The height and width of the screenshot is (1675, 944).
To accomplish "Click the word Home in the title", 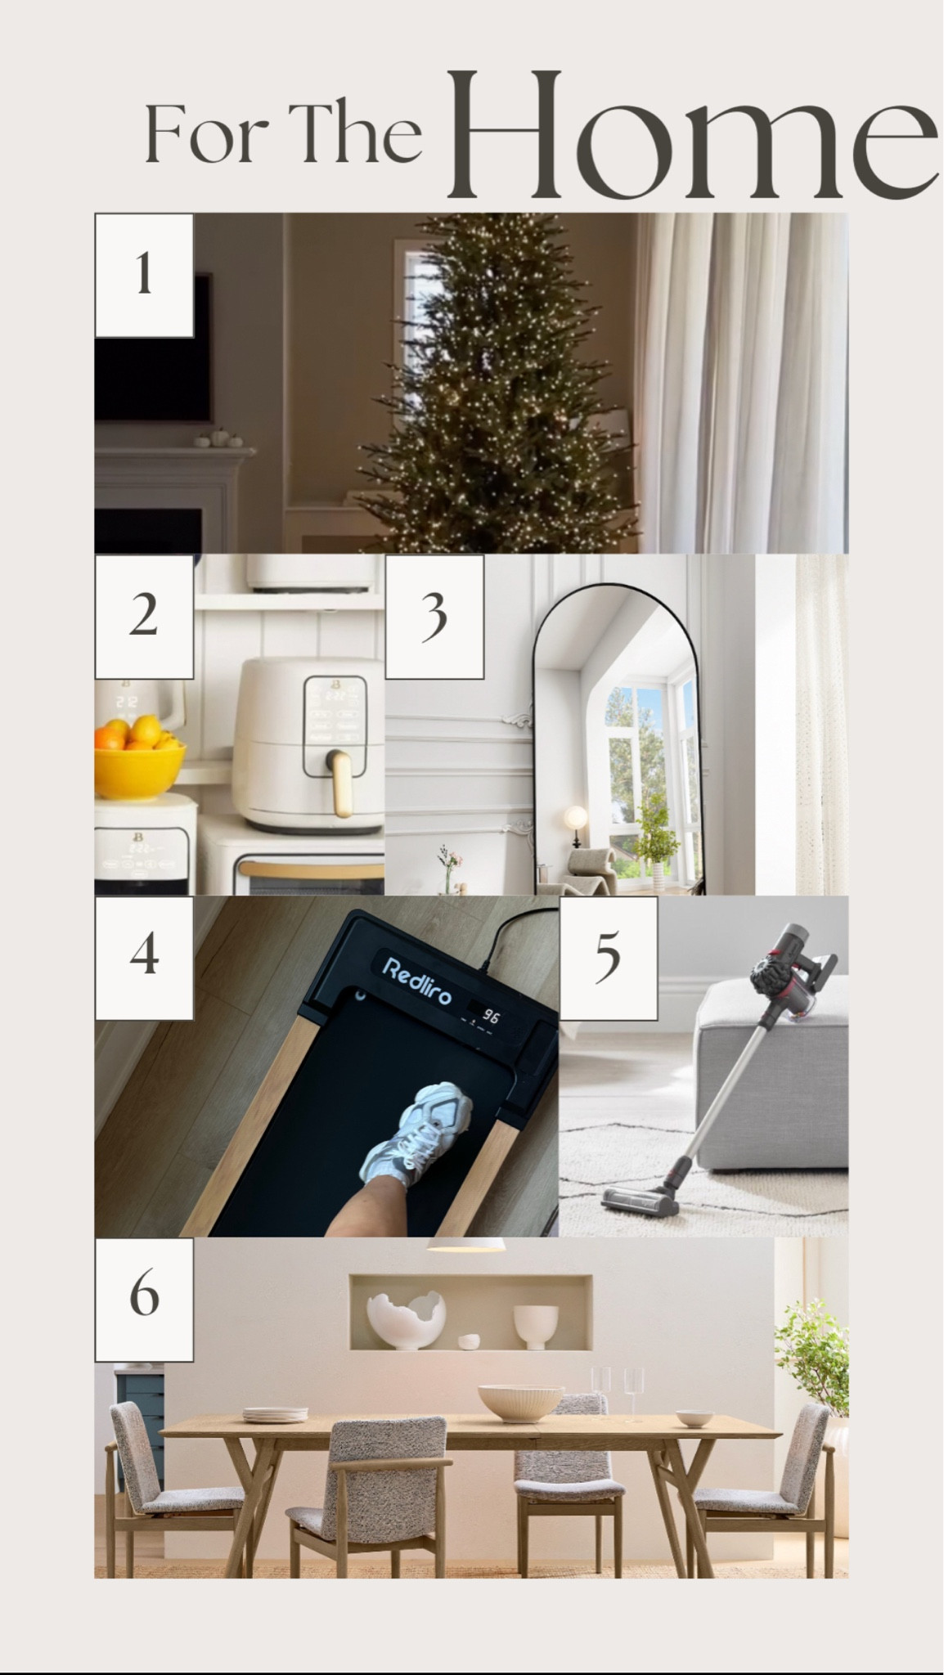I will (691, 135).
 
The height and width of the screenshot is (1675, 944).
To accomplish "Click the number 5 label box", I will (608, 958).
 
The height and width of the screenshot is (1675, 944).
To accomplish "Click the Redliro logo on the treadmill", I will (416, 978).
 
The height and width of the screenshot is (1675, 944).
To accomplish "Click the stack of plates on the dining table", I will (275, 1414).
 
